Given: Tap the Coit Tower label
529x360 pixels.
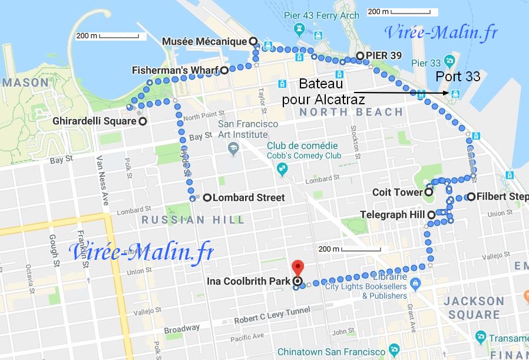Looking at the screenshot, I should point(398,192).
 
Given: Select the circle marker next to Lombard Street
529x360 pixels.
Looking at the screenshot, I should point(207,198).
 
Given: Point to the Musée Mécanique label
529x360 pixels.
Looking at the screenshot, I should point(204,41).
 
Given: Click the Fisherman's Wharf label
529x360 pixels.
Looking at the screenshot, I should point(175,70).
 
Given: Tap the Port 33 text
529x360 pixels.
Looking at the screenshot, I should point(458,77).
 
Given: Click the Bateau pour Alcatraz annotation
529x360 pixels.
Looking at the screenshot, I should point(323,91).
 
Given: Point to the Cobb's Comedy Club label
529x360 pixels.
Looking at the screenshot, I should point(304,156).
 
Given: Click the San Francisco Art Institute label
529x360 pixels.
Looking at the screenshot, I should point(248,129).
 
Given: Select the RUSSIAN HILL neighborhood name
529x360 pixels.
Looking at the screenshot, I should point(193,220).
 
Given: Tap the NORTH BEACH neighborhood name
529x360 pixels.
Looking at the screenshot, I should point(351,112).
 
